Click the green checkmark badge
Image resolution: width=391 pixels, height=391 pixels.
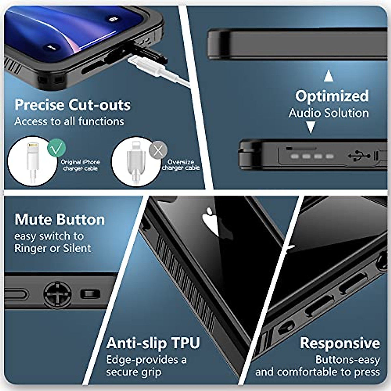pos(56,148)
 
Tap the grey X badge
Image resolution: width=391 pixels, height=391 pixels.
pos(158,151)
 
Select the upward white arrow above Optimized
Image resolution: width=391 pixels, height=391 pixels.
pos(328,77)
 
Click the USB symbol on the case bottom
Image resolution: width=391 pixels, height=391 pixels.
pos(359,156)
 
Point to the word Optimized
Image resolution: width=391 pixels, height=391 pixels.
pos(332,96)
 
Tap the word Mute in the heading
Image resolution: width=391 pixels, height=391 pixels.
pos(31,219)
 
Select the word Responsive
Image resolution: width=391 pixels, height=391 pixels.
pos(340,343)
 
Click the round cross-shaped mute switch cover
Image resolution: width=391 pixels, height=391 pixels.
pos(57,294)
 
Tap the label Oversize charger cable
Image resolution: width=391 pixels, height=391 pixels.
pos(181,165)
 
